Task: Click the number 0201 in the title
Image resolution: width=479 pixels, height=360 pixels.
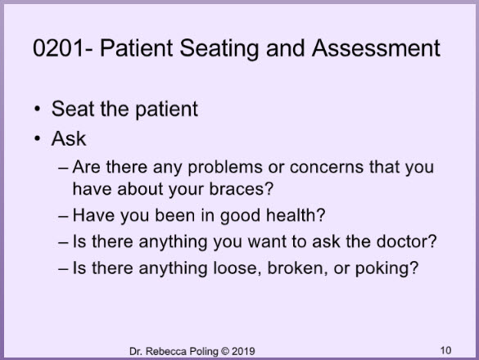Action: (58, 48)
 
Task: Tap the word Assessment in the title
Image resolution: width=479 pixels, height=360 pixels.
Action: (376, 48)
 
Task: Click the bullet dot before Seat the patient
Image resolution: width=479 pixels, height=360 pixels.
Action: (38, 109)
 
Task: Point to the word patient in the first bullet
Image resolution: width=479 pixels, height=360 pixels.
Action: (166, 110)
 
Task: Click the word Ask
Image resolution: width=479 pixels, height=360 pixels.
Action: (69, 138)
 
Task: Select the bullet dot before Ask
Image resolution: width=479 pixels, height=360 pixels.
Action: (38, 138)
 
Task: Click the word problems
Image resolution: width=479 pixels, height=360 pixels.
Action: (225, 168)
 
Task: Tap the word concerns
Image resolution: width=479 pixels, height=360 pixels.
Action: (326, 168)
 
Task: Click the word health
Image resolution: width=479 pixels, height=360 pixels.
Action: (292, 215)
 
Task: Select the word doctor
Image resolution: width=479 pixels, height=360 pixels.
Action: (403, 241)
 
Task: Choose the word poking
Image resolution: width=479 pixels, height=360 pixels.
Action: (382, 268)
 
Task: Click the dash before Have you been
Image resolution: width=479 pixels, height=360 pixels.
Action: (63, 216)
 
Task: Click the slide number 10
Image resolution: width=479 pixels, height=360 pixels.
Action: (445, 350)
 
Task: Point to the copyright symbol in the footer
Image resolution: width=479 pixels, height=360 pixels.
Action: (225, 351)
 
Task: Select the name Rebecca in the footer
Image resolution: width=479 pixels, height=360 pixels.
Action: (166, 351)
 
